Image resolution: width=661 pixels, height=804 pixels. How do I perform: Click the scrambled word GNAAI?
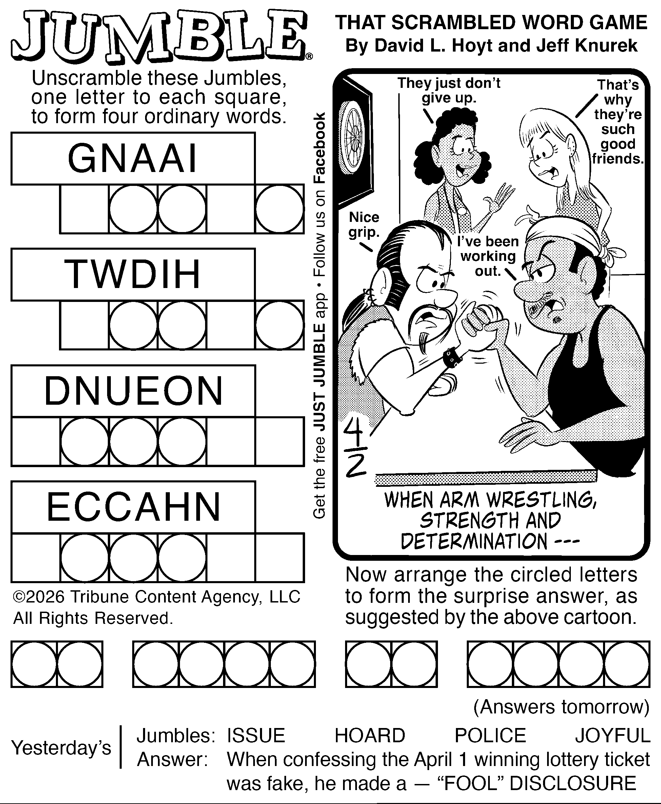133,158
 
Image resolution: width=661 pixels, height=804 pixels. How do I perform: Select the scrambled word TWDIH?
133,274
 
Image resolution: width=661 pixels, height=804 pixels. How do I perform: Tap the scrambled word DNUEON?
133,391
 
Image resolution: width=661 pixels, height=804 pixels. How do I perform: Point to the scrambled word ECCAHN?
133,507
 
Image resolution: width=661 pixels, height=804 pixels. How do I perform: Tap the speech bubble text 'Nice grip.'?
364,225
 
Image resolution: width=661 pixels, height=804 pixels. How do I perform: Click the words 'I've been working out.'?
488,256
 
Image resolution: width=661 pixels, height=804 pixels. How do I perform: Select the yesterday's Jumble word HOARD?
370,735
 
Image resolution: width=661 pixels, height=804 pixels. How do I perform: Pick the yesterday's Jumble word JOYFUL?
613,735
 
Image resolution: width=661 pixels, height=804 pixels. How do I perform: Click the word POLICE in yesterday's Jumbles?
490,735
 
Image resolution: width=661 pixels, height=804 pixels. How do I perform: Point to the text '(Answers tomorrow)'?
561,707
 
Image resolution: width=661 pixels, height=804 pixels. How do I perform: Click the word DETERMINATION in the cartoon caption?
474,541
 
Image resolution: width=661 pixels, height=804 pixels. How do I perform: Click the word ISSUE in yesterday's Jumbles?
256,735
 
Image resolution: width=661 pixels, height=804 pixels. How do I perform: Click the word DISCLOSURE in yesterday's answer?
573,784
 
